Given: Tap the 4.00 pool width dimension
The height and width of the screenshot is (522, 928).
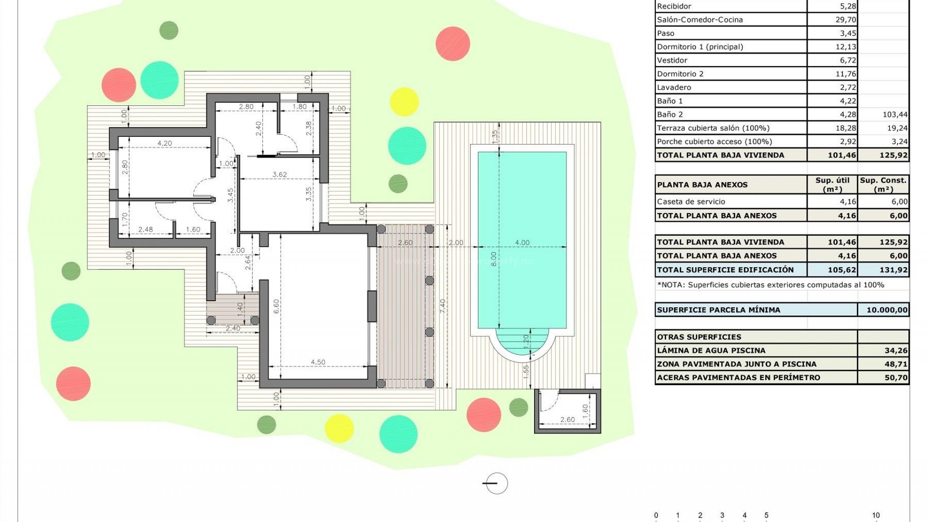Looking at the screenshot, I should (522, 243).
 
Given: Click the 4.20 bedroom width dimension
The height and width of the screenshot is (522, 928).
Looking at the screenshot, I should (164, 143).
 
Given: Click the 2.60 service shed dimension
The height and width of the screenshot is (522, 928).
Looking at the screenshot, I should (567, 420).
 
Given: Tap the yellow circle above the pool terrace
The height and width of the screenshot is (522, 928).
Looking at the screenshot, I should (404, 102).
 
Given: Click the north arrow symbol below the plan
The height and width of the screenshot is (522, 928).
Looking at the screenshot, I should (496, 483).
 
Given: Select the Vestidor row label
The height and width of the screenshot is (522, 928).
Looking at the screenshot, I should (672, 60).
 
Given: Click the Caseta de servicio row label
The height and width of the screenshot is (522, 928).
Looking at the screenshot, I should (691, 202).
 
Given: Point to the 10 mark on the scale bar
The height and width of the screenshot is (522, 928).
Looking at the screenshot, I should (876, 515).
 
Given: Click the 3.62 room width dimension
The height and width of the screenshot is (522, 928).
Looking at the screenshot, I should (279, 174).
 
